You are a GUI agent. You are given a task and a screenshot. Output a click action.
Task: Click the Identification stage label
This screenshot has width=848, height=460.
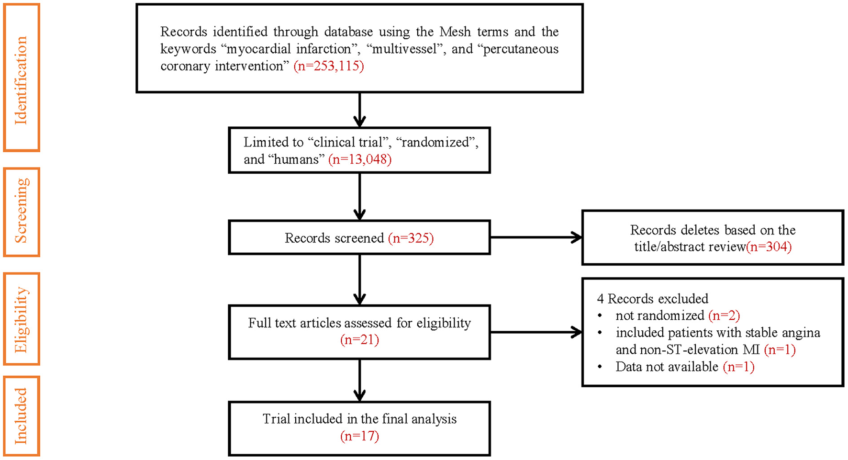(21, 78)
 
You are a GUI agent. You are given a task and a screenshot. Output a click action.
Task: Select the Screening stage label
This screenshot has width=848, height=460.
(21, 212)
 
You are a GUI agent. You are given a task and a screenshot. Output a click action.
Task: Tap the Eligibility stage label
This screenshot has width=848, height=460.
(21, 319)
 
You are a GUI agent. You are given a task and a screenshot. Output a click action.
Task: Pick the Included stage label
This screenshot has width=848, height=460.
(21, 415)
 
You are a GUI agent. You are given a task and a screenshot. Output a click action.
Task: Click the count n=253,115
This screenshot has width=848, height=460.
(329, 66)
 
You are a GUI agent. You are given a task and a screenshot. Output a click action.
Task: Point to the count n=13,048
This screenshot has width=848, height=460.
(360, 159)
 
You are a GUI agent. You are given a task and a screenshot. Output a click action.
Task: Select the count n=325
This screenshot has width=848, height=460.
(411, 238)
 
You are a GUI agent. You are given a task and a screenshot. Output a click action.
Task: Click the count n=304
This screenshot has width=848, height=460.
(769, 247)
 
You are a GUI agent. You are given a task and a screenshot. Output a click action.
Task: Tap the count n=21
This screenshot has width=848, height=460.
(359, 340)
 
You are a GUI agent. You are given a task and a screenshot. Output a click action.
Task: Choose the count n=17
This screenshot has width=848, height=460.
(359, 436)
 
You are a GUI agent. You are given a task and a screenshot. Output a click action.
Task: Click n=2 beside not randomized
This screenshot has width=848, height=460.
(724, 315)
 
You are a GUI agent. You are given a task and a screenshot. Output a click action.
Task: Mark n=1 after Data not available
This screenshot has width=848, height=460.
(738, 367)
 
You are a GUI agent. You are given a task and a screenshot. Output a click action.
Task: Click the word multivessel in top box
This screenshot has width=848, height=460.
(404, 49)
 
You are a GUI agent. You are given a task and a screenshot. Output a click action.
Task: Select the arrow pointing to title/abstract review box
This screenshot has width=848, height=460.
(536, 237)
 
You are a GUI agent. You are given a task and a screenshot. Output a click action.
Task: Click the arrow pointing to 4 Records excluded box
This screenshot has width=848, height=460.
(536, 332)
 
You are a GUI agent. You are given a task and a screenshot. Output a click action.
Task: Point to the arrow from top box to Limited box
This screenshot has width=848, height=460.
(359, 110)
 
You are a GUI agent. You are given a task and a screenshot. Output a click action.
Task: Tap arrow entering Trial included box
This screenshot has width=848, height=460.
(359, 380)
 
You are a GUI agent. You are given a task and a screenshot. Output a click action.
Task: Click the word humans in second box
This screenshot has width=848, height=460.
(296, 159)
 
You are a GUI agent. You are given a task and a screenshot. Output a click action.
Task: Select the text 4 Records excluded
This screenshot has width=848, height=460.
(652, 299)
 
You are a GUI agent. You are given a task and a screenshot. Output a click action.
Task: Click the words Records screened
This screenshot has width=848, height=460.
(334, 238)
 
